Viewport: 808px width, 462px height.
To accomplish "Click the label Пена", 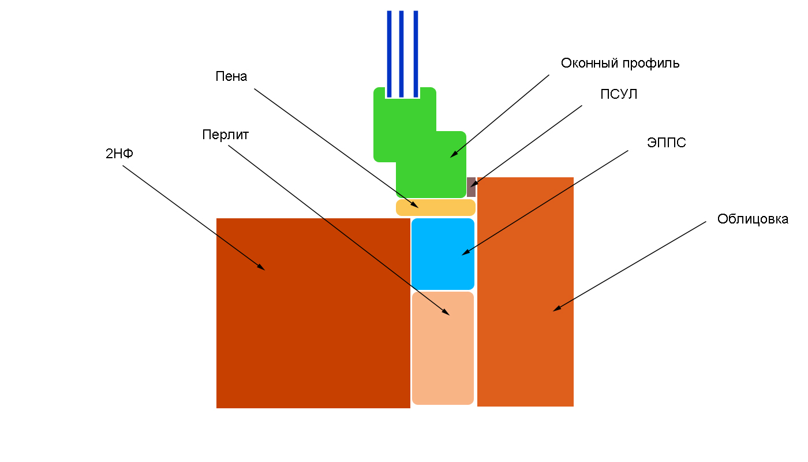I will (x=231, y=76).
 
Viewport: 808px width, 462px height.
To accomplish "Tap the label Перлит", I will (x=225, y=135).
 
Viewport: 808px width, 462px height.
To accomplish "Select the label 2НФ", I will (x=119, y=154).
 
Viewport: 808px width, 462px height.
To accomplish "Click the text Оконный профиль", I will (x=620, y=64).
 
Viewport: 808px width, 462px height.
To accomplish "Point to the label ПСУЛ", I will (x=619, y=95).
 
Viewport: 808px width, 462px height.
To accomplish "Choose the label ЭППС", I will (x=667, y=143).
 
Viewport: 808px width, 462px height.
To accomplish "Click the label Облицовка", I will (x=753, y=219).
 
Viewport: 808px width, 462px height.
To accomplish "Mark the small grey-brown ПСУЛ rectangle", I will (x=471, y=187).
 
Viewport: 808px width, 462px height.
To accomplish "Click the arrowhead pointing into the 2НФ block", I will (x=261, y=267).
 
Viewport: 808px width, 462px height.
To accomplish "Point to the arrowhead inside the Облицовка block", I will (x=556, y=309).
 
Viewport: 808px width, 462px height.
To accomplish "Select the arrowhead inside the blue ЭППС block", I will (x=465, y=252).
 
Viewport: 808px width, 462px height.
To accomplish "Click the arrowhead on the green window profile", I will (x=454, y=155).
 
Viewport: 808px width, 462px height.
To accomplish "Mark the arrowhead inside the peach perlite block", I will (x=446, y=312).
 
